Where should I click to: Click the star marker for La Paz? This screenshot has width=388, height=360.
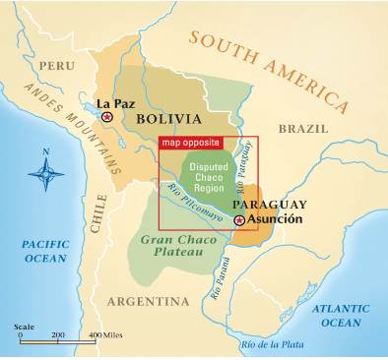click(107, 116)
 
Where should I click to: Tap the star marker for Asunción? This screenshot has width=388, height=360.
click(239, 220)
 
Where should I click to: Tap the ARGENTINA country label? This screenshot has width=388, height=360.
click(148, 300)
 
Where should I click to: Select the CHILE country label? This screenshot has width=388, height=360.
click(98, 211)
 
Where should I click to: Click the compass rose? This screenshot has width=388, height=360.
click(45, 174)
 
